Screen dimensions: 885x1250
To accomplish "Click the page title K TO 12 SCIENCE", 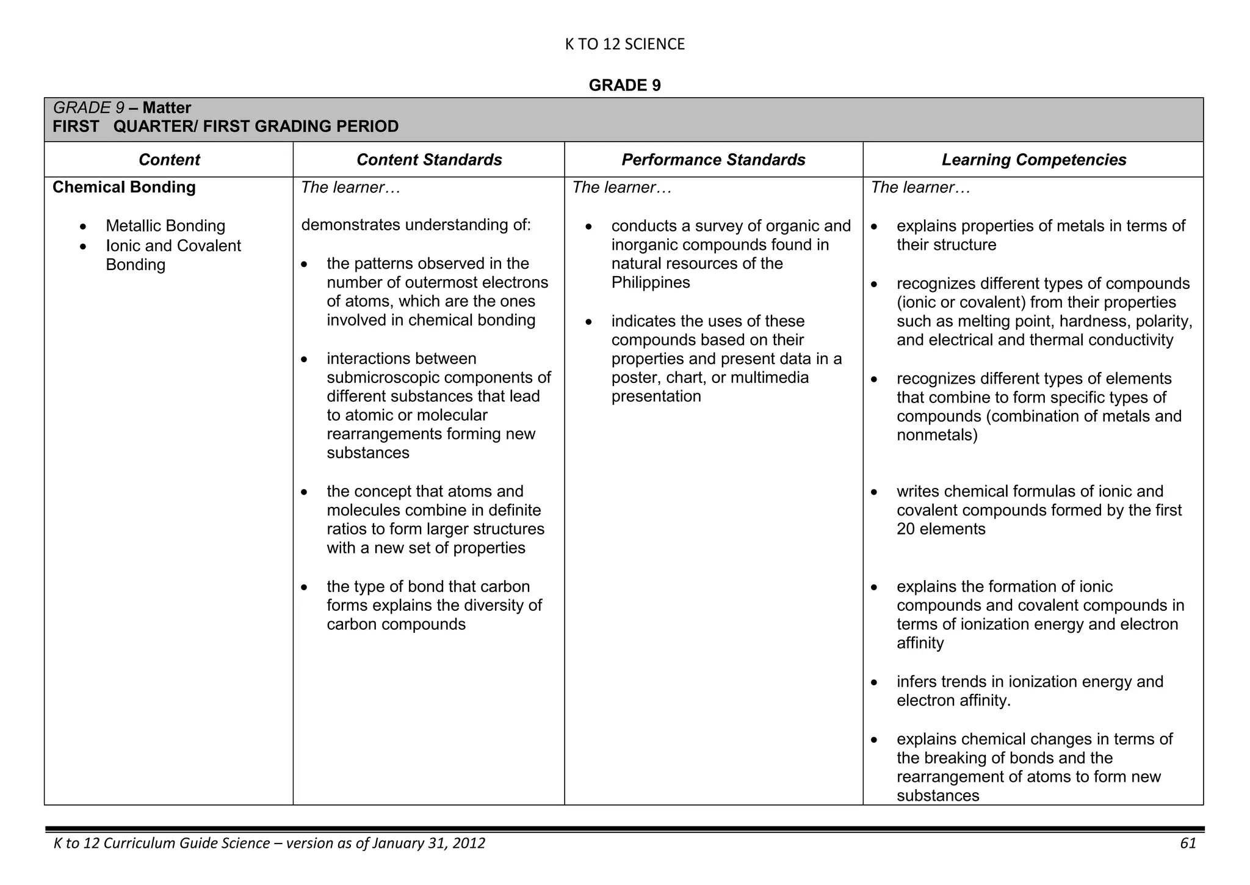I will click(x=624, y=44).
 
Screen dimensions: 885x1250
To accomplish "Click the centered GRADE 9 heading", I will click(x=624, y=86).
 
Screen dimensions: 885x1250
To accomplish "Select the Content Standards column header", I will click(x=429, y=160).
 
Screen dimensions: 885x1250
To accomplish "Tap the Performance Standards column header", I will click(x=713, y=160).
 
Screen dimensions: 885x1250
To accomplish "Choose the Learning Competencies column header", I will click(x=1033, y=160).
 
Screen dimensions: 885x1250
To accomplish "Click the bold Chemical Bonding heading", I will click(x=124, y=188).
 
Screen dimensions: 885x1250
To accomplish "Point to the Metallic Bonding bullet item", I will click(x=165, y=226).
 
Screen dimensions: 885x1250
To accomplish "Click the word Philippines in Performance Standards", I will click(x=651, y=283).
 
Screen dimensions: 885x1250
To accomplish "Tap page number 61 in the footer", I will click(x=1188, y=843).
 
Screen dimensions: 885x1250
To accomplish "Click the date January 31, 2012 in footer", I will click(x=428, y=843).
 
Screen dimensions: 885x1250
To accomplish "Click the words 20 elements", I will click(x=941, y=529).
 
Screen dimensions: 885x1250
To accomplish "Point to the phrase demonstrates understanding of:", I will click(x=416, y=225).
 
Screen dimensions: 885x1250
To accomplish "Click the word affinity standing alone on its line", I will click(x=920, y=643).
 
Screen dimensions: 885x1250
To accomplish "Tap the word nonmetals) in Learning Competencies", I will click(x=937, y=435).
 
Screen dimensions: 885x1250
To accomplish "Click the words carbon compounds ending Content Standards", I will click(x=396, y=625).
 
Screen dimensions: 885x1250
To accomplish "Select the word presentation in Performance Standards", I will click(x=656, y=397).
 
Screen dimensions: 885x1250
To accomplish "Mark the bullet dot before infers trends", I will click(x=875, y=682).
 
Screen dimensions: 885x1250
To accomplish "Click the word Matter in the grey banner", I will click(x=167, y=108).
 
